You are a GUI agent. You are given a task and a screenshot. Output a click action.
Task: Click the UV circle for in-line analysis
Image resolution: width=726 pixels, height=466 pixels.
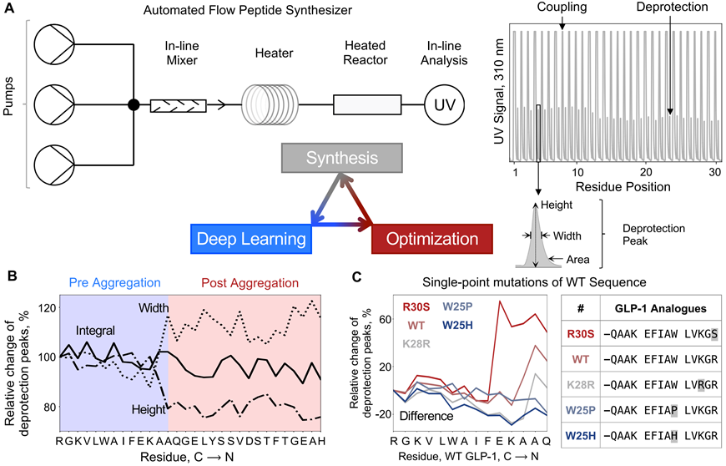click(445, 105)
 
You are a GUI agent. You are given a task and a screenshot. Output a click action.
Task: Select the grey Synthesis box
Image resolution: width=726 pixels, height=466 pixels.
click(342, 158)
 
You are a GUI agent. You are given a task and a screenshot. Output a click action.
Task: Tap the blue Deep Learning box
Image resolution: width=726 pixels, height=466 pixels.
click(251, 239)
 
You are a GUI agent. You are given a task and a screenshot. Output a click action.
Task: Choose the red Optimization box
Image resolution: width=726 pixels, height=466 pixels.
click(432, 239)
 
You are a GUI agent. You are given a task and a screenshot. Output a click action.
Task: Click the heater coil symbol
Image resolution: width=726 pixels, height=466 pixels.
click(270, 105)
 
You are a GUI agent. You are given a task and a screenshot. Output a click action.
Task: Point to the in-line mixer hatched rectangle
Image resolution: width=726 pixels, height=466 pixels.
click(179, 105)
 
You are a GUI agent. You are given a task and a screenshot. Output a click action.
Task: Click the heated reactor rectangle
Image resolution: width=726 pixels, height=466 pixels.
click(367, 104)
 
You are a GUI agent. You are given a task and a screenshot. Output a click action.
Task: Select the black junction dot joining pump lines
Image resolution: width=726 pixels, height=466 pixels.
click(134, 105)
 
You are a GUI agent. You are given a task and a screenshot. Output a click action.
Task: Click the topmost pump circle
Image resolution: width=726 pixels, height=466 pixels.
click(54, 44)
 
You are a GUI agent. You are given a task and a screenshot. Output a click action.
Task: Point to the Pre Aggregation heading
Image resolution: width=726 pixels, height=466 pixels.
click(115, 282)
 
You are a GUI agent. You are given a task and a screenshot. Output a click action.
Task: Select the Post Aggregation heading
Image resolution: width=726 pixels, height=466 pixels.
click(250, 282)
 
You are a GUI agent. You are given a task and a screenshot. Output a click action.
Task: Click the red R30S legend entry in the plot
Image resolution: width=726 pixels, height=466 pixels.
click(416, 307)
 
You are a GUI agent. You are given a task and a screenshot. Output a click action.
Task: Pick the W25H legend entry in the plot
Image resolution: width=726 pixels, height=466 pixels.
click(457, 325)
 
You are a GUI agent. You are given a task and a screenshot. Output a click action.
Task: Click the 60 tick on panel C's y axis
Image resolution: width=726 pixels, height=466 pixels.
click(386, 319)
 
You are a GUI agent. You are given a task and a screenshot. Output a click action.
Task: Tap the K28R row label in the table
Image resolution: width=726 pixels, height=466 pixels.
click(581, 385)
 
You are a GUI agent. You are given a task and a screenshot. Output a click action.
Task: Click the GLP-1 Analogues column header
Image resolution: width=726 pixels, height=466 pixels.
click(661, 309)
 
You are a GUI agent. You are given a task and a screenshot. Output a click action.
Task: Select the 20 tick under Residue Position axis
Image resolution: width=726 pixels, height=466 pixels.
click(646, 172)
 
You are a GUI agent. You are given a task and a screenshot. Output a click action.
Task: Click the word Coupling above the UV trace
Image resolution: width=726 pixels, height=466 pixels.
click(562, 8)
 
